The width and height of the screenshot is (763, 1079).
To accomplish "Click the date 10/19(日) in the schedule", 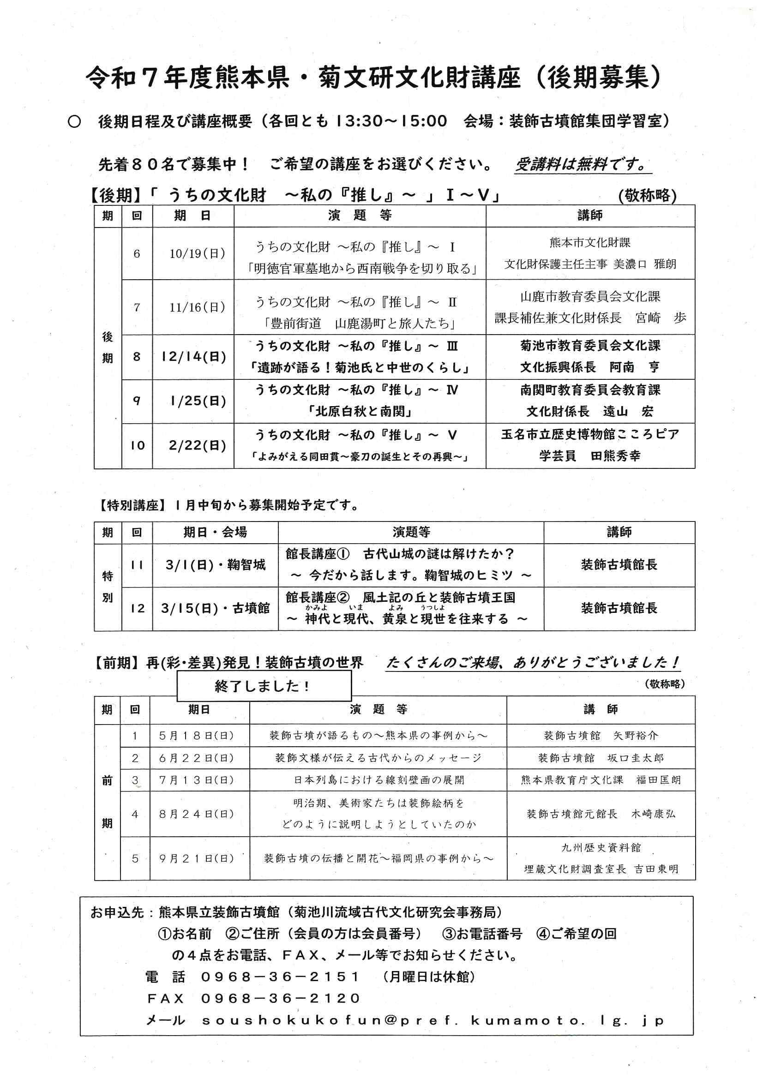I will tap(198, 254).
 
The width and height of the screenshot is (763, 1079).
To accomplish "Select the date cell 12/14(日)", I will tap(194, 357).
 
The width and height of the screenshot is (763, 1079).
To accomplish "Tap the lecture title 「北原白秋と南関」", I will tap(360, 412).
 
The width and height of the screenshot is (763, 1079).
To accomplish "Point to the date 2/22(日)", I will tap(198, 445).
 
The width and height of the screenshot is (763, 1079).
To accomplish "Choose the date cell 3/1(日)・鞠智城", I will tap(215, 564).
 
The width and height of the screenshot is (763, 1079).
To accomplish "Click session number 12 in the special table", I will tap(137, 608).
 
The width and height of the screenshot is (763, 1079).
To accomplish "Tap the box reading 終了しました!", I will tap(263, 686).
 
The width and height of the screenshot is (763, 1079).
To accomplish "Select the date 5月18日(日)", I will tap(197, 736).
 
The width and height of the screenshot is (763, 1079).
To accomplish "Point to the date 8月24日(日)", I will tap(197, 814).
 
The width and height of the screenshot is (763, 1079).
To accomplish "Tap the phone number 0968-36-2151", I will tap(280, 977).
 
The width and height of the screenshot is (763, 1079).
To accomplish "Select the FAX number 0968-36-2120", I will tap(280, 998).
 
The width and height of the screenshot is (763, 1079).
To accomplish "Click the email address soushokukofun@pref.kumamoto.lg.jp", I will tap(433, 1020).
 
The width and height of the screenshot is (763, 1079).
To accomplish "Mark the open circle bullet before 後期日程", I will tap(74, 122).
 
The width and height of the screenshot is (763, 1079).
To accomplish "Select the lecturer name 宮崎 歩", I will tap(661, 318).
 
